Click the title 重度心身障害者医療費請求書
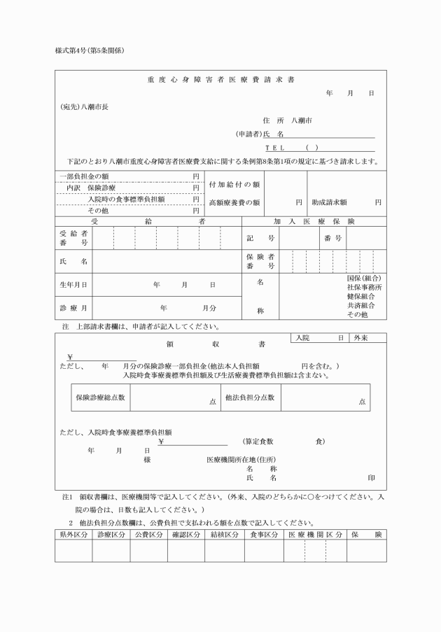click(220, 79)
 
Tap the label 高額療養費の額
click(235, 202)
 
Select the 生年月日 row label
click(73, 285)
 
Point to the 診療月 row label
click(73, 308)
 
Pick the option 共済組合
click(361, 306)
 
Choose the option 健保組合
click(361, 297)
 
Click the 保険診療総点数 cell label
click(101, 398)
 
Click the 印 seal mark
click(371, 477)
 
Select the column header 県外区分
click(73, 535)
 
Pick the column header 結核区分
click(223, 535)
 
